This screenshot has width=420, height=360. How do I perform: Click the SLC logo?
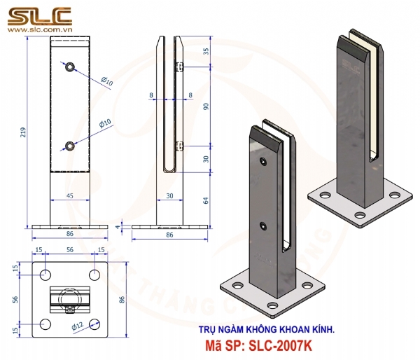pos(41,15)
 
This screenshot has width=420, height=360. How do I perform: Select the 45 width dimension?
pos(70,197)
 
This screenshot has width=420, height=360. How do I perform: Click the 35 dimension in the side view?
pos(206,51)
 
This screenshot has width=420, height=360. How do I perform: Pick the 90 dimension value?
pos(206,106)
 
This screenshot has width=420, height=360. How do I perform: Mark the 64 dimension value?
pos(206,200)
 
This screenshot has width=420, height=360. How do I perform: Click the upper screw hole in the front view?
pos(70,67)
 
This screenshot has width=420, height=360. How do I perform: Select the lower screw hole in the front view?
pos(70,146)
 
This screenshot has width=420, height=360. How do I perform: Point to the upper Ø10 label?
pos(106,81)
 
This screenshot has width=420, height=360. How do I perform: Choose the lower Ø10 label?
pos(105,123)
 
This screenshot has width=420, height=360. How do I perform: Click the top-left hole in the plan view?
pos(46,273)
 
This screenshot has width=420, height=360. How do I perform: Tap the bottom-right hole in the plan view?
pos(93,324)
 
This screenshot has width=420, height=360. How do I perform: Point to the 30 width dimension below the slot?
pos(170,197)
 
